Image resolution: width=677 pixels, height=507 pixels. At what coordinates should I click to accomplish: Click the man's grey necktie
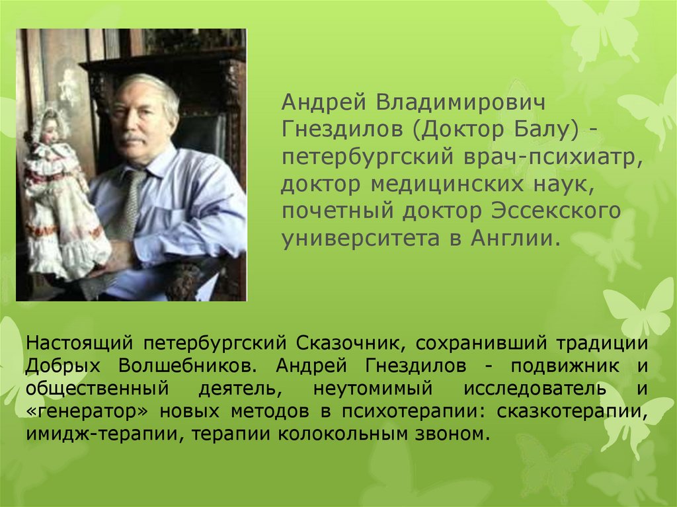(126, 212)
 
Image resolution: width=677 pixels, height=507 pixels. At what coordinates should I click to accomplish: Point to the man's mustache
(132, 139)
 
